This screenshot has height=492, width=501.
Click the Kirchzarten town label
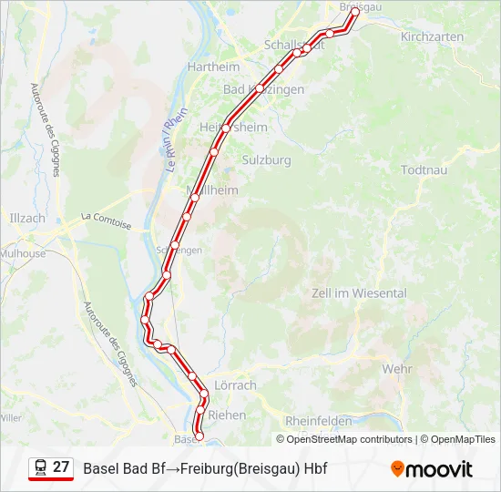pos(433,37)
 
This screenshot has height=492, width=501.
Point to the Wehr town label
pos(397,369)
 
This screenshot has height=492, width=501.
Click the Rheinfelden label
pos(318,421)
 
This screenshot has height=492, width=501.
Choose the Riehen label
pos(228,415)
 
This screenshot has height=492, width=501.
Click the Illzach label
pos(26,219)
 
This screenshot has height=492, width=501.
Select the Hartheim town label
pos(213,67)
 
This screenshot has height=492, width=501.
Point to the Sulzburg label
pos(266,160)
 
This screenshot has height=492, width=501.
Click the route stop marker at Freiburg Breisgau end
pos(355,13)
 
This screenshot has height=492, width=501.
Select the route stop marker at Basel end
pos(199,437)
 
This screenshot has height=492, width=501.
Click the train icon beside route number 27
pos(40,467)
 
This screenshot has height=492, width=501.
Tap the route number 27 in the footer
pos(61,467)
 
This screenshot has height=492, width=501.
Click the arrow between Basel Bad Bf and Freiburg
pos(172,469)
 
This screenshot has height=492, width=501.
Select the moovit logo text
pos(439,469)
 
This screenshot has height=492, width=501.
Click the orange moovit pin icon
pos(397,469)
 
